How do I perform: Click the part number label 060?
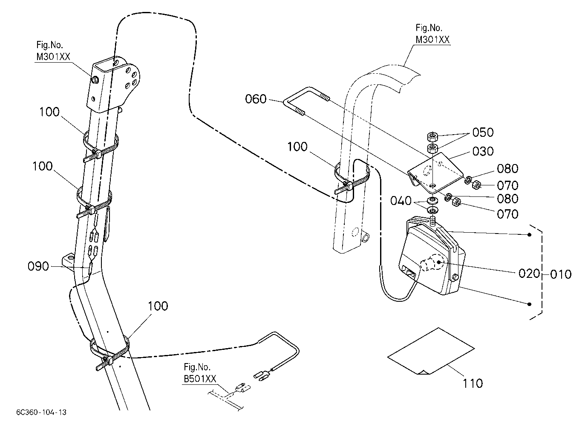[256, 99]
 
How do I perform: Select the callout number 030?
[483, 152]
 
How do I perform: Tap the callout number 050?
[483, 133]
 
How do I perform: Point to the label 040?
[401, 201]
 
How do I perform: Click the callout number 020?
[529, 274]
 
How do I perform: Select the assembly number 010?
[561, 274]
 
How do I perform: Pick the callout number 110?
[473, 384]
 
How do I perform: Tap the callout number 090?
[38, 266]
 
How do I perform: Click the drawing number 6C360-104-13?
[41, 413]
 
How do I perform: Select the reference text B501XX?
[200, 379]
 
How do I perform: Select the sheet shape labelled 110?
[431, 351]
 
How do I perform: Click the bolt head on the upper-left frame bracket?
[95, 79]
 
